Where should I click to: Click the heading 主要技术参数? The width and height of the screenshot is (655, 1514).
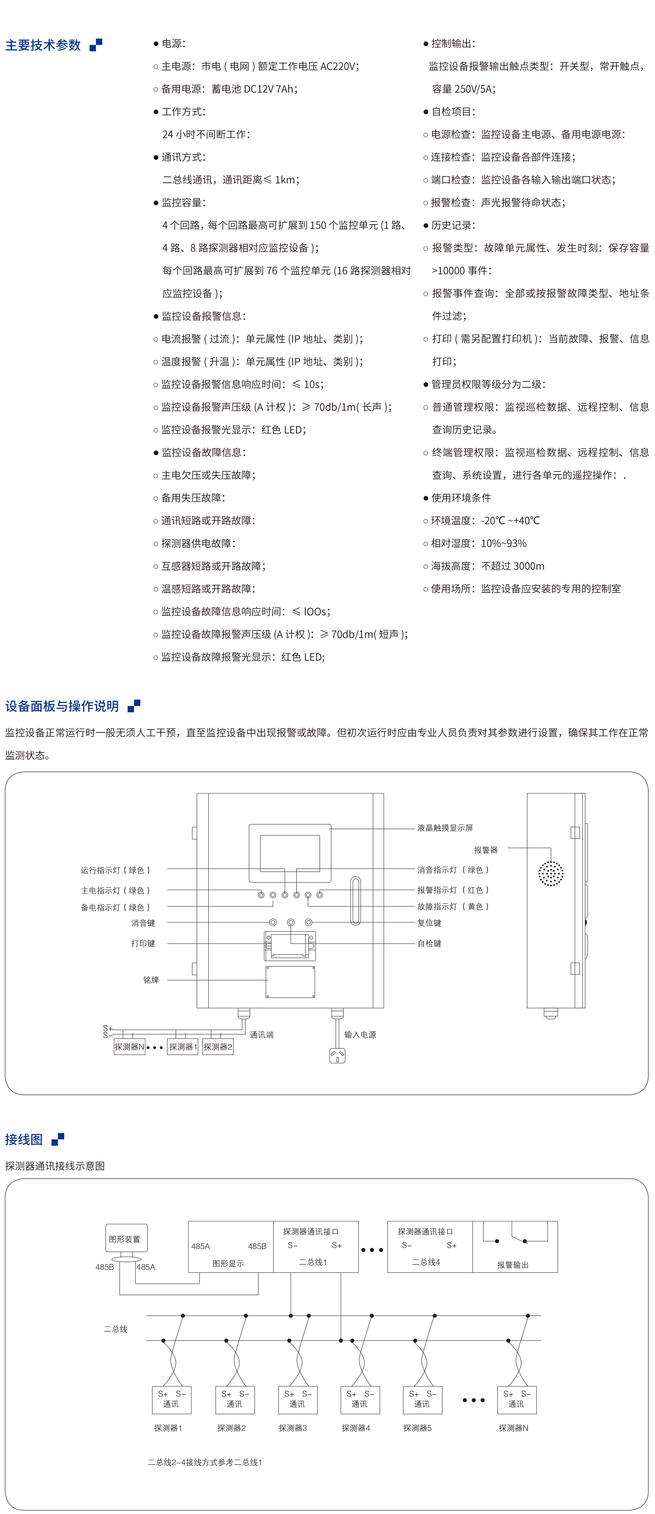point(43,45)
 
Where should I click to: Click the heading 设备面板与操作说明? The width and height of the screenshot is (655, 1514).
point(62,706)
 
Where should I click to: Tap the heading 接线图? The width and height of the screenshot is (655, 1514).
point(24,1139)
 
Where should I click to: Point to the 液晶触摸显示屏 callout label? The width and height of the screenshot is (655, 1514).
point(445,827)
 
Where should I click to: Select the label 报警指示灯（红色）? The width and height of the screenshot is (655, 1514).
point(453,890)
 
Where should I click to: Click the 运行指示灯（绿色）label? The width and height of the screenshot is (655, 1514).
point(116,870)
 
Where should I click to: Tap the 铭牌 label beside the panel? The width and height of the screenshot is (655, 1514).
point(151,980)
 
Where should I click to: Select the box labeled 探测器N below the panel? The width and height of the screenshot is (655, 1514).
point(129,1047)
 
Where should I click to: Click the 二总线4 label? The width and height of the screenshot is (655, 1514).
point(426,1262)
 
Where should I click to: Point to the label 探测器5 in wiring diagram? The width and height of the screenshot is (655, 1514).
point(418,1428)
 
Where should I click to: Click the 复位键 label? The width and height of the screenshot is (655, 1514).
point(429,923)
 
